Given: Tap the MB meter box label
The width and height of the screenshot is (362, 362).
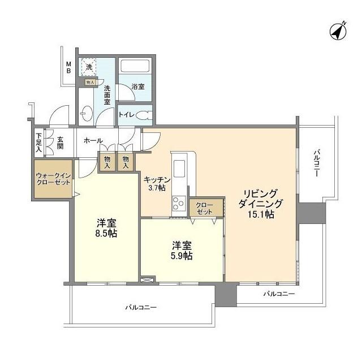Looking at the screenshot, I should tap(68, 67).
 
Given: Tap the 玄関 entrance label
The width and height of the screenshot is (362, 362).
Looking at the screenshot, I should tap(60, 143).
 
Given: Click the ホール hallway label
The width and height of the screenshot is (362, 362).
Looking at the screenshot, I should tap(93, 140).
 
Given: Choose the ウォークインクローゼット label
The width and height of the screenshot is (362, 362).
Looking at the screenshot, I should tap(53, 179).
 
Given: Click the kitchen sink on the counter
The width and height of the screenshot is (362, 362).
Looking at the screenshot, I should tap(179, 169).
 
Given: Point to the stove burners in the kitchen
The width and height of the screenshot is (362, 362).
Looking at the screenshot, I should tap(178, 202).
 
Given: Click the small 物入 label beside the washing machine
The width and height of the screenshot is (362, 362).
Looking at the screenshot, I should tap(90, 82).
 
